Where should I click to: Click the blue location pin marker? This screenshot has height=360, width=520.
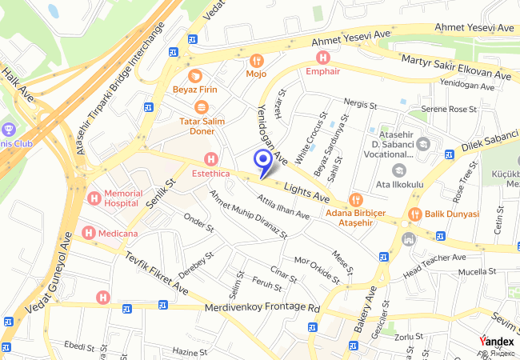[x=262, y=161]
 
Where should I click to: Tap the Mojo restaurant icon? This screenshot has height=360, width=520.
[x=256, y=60]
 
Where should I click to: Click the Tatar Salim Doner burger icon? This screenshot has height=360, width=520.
[x=201, y=106]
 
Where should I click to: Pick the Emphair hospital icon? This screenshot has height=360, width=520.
[x=322, y=57]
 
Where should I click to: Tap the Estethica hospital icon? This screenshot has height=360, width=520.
[x=211, y=158]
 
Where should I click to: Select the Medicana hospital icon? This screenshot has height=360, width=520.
[x=88, y=233]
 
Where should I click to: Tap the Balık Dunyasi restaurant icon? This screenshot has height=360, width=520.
[x=415, y=214]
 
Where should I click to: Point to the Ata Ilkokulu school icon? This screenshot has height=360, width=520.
[x=398, y=170]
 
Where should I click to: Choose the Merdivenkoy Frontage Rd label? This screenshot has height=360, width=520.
[x=262, y=308]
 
